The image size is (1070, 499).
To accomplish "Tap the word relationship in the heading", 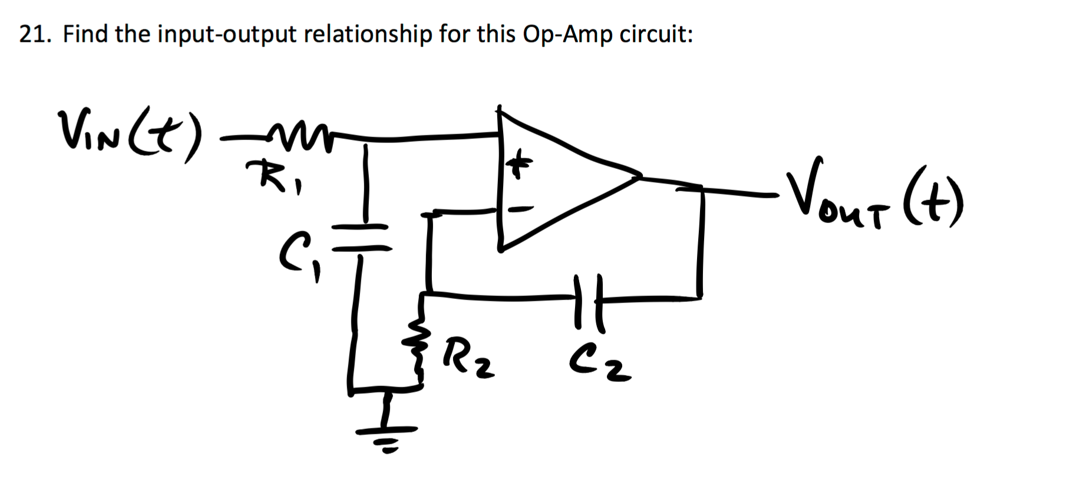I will pyautogui.click(x=368, y=35).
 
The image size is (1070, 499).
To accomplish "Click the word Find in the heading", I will pyautogui.click(x=86, y=34).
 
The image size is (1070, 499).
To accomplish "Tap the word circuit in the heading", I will pyautogui.click(x=653, y=35).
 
